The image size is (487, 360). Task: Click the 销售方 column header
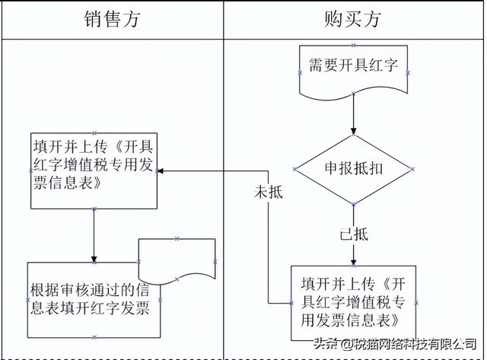tap(112, 19)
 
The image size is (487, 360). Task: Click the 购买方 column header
tap(352, 19)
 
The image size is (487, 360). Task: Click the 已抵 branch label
tap(354, 234)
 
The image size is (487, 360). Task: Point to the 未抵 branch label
tap(269, 192)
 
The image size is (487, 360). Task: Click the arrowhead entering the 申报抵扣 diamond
tap(353, 131)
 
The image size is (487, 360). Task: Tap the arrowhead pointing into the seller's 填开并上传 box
tap(161, 170)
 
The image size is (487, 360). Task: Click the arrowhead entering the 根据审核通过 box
tap(94, 259)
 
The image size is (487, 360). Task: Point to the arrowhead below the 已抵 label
tap(353, 262)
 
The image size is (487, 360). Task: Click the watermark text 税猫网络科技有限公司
tap(415, 344)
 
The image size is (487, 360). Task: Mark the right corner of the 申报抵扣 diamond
tap(412, 169)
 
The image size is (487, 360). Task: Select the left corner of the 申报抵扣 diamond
tap(294, 169)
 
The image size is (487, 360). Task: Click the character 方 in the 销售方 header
tap(131, 19)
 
